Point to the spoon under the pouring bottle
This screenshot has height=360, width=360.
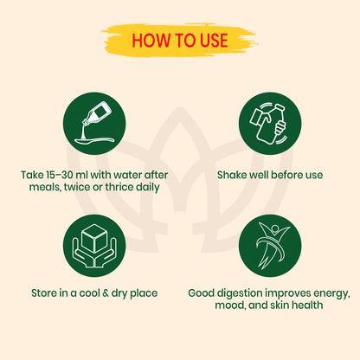pos(94,140)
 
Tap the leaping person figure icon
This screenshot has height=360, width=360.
pos(270,246)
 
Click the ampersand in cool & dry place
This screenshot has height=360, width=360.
pos(106,293)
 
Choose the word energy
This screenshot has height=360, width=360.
pos(331,293)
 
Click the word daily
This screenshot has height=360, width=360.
pos(148,187)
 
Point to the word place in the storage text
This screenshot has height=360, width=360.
pos(144,293)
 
